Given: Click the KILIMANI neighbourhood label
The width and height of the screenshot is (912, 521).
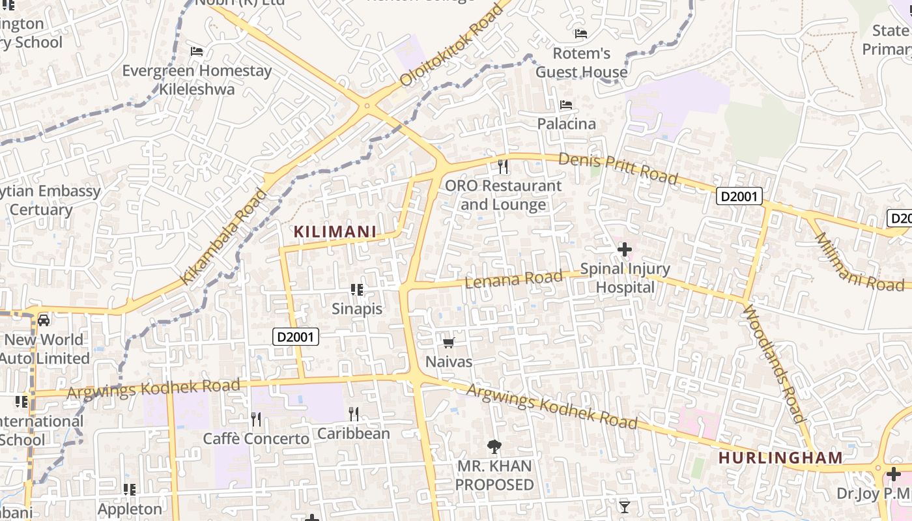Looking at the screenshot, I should click(335, 231).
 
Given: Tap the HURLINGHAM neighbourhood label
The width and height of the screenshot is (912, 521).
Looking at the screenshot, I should click(780, 458).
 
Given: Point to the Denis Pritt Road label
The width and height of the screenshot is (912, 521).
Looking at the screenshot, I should click(618, 168).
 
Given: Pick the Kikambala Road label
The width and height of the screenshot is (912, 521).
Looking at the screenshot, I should click(223, 237).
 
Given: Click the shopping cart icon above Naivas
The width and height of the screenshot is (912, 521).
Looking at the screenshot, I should click(448, 343).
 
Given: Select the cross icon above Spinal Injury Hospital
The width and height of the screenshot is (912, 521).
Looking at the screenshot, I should click(625, 249).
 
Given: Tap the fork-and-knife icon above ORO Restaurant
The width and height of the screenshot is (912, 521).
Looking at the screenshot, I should click(503, 167).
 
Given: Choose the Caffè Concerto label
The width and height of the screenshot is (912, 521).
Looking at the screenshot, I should click(256, 439).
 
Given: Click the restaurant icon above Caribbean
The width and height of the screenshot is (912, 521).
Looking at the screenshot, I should click(354, 414).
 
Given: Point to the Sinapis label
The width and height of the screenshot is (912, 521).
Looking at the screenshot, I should click(357, 309).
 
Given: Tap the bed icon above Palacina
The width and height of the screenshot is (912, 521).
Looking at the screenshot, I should click(566, 105).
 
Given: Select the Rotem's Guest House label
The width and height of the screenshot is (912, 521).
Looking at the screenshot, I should click(581, 63).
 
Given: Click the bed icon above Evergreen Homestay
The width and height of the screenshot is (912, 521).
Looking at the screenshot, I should click(197, 51).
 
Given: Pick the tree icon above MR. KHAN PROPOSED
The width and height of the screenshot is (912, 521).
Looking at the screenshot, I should click(494, 447).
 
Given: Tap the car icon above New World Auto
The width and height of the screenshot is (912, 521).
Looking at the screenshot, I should click(44, 320).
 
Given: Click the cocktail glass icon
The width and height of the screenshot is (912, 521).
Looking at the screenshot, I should click(625, 507).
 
